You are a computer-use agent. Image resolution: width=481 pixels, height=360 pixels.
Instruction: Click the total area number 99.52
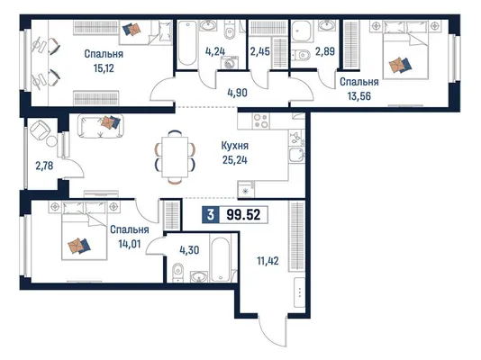(x=243, y=214)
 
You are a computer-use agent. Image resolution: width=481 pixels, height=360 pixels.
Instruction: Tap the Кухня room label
(x=235, y=146)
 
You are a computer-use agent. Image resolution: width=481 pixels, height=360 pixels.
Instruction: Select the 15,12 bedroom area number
(x=104, y=68)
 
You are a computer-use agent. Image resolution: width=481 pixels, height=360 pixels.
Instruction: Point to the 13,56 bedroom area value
(x=358, y=96)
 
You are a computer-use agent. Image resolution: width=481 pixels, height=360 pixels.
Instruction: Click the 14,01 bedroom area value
(x=130, y=244)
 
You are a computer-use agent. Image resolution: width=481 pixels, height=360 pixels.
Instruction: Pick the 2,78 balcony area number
(x=44, y=166)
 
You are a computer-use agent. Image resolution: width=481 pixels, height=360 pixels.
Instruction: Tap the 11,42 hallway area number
(x=268, y=261)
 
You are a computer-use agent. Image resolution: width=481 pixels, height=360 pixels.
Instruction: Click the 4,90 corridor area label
(x=237, y=93)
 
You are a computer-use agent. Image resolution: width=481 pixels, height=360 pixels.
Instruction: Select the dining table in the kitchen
(x=175, y=157)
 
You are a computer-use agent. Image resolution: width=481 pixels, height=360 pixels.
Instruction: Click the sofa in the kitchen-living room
(x=100, y=126)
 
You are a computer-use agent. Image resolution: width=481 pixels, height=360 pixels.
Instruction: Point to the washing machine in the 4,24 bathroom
(x=230, y=63)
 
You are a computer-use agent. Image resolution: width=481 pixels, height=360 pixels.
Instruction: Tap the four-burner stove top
(x=261, y=121)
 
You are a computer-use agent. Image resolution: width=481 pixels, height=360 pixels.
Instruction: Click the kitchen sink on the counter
(x=296, y=156)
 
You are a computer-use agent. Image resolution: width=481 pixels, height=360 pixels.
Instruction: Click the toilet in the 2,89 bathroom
(x=300, y=56)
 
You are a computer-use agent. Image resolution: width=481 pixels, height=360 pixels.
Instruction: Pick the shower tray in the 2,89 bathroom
(x=301, y=31)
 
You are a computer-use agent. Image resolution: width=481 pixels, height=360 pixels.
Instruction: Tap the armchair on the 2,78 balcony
(x=40, y=130)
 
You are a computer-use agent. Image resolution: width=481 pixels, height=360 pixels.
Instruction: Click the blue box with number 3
(x=211, y=214)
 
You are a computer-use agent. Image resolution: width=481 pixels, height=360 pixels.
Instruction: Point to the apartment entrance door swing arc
(x=270, y=332)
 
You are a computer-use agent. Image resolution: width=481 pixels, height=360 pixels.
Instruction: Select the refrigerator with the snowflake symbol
(x=246, y=189)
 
